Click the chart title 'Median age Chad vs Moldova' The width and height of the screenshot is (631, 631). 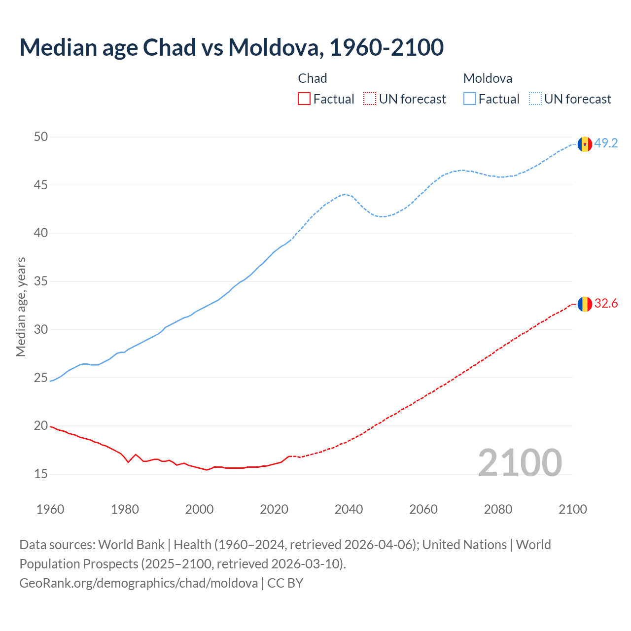click(231, 47)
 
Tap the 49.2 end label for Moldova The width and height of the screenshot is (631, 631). click(606, 143)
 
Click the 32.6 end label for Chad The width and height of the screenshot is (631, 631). click(606, 303)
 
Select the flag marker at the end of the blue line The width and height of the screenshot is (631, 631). click(585, 144)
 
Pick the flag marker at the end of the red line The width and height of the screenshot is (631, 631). click(585, 304)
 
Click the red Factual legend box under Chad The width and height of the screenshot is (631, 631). click(304, 99)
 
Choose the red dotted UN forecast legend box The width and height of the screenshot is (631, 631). click(370, 99)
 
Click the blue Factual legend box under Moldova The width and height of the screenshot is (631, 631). click(470, 99)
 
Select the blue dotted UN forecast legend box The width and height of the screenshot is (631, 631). click(535, 99)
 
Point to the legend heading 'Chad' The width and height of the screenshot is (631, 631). click(313, 78)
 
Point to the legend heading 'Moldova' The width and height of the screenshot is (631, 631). click(488, 78)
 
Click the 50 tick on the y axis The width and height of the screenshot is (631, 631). click(41, 137)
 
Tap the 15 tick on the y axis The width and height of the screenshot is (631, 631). click(41, 474)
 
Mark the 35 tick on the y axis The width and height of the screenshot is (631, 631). click(41, 281)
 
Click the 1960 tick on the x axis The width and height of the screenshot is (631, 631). click(50, 509)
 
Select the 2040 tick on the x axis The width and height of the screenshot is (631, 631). click(349, 509)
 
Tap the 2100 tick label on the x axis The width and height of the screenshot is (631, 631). click(572, 509)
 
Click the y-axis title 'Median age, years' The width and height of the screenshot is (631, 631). click(21, 307)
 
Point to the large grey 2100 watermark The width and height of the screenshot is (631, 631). click(520, 462)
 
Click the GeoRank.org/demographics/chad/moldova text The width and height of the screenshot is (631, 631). click(139, 583)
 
